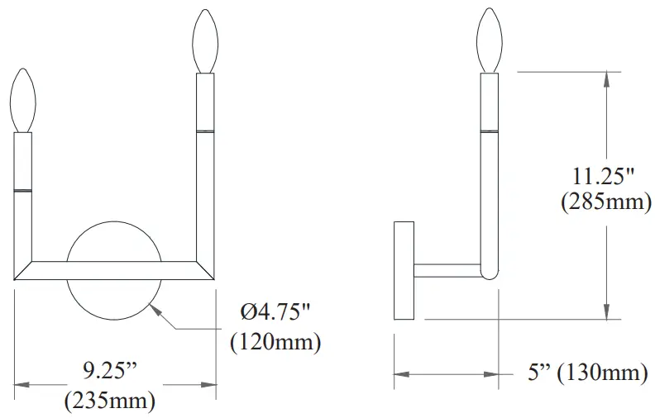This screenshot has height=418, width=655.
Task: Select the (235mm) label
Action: (x=109, y=401)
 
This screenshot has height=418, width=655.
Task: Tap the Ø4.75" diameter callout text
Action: (x=276, y=314)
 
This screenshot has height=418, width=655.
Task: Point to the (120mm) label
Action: (x=275, y=341)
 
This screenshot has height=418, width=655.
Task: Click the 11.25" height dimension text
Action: (x=605, y=175)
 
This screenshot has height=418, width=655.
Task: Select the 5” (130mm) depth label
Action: (x=587, y=373)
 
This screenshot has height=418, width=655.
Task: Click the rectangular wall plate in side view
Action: (x=404, y=270)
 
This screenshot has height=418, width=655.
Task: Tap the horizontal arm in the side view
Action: (x=447, y=270)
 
